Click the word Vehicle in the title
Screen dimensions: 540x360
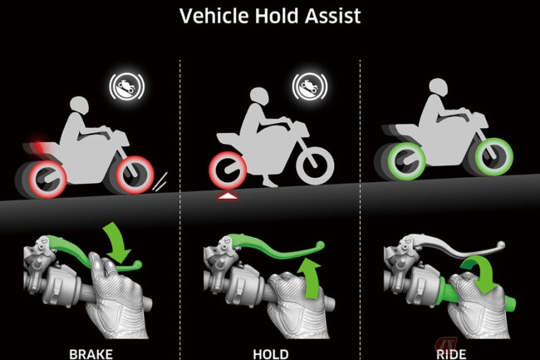tap(214, 16)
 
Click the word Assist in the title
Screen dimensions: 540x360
tap(332, 16)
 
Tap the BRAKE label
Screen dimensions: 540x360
tap(91, 354)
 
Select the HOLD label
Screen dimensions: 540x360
tap(271, 354)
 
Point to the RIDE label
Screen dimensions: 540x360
tap(451, 354)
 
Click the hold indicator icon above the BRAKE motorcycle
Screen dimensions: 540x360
tap(127, 86)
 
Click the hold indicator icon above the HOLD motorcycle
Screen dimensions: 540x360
tap(310, 86)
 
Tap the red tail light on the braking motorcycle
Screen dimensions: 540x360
tap(38, 145)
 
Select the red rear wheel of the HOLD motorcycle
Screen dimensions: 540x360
tap(228, 170)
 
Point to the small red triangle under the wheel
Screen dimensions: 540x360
tap(228, 196)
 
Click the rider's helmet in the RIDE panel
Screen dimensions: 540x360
tap(438, 87)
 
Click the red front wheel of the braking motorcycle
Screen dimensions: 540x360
tap(135, 175)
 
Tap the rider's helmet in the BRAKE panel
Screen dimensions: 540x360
tap(80, 106)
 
